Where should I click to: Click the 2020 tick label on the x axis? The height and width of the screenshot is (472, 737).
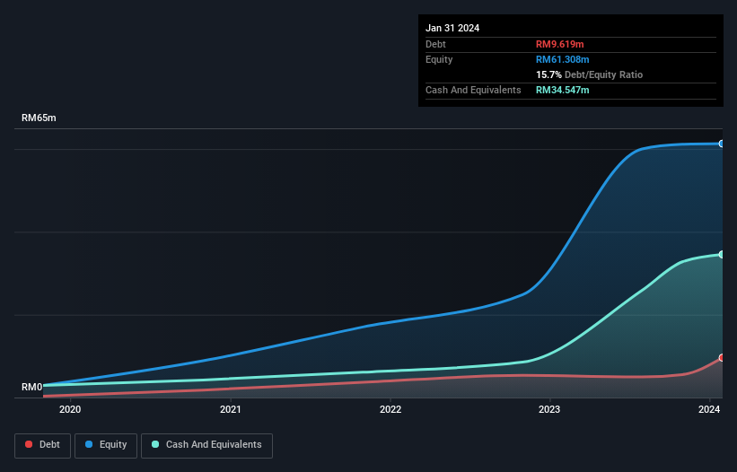70,410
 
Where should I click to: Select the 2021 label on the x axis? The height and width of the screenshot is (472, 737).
231,410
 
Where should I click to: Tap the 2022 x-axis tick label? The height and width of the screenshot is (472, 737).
390,410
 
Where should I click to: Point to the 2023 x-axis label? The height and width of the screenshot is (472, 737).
550,410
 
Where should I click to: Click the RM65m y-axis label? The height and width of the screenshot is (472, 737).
39,118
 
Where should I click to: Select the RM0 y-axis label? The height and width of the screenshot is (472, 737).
32,388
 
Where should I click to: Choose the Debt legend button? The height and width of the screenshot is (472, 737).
42,445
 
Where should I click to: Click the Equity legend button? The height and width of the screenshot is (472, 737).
106,445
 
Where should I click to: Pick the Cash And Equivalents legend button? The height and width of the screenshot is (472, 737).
206,445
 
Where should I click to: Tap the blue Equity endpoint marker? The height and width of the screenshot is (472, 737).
721,144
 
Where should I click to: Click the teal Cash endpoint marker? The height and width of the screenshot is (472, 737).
721,255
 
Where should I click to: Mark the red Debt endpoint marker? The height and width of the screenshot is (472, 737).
721,358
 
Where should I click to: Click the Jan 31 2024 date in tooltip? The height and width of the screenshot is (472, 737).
452,28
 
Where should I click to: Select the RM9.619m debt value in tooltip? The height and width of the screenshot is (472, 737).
560,44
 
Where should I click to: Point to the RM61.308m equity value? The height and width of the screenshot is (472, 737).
563,59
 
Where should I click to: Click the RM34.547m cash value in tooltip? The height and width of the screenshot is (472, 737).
563,90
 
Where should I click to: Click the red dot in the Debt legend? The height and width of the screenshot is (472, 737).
30,445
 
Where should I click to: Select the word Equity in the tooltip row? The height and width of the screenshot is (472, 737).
439,59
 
